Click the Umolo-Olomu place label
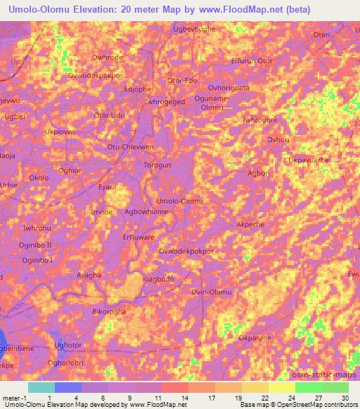coord(179,201)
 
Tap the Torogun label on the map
coord(158,165)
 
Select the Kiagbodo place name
coord(158,279)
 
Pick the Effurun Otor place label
coord(251,61)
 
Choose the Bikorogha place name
coord(110,310)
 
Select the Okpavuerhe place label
coord(309,160)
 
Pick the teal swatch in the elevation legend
coord(41,387)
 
